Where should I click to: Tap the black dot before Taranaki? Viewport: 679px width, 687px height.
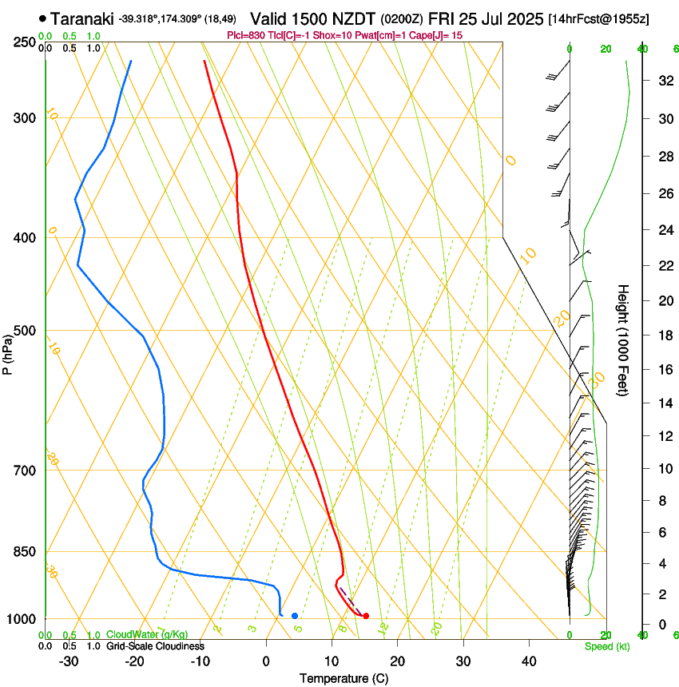[x=42, y=18]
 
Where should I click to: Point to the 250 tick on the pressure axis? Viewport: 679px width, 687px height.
[x=25, y=42]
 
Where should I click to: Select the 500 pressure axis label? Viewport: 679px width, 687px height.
[x=25, y=331]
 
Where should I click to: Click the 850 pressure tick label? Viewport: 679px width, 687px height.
[x=25, y=552]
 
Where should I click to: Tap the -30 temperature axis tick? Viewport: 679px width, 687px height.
[x=69, y=661]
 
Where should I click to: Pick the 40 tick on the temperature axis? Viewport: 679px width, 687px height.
[x=528, y=661]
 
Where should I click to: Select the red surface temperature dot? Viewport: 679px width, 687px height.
[x=366, y=616]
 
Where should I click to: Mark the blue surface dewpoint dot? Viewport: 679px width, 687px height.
[x=295, y=616]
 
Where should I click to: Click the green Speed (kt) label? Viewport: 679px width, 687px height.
[x=606, y=646]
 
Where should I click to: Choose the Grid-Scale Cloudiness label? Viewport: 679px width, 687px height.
[x=155, y=646]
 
